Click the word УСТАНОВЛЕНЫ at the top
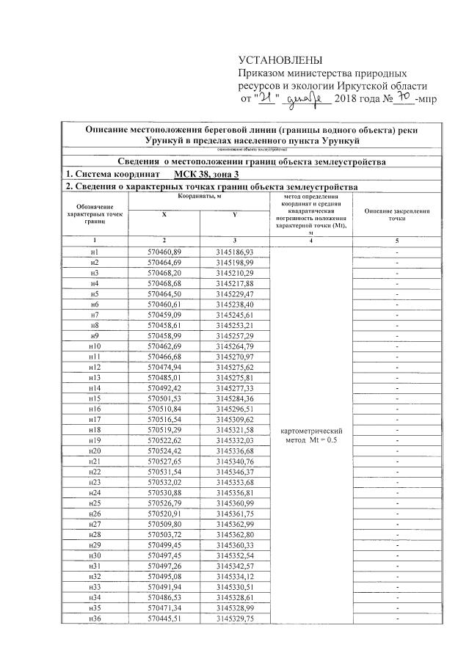tap(280, 59)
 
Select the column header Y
tap(233, 214)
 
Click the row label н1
tap(94, 252)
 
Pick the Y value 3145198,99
tap(234, 262)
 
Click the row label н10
tap(94, 346)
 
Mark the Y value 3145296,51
tap(234, 408)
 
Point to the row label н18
tap(94, 429)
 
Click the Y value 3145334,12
tap(234, 577)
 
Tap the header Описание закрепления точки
tap(397, 214)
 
